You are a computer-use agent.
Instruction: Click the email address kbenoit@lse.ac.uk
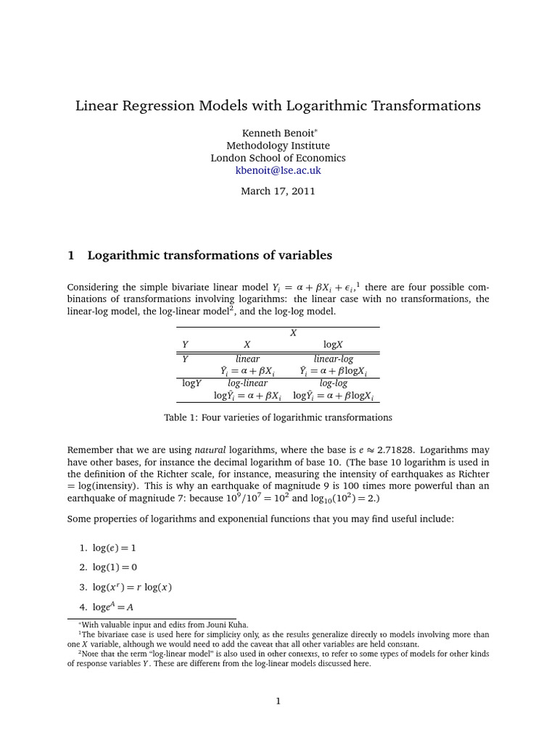pyautogui.click(x=278, y=170)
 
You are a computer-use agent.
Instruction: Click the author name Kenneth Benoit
pyautogui.click(x=276, y=133)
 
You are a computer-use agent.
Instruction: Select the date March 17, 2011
pyautogui.click(x=278, y=191)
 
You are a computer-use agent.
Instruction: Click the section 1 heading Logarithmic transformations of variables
pyautogui.click(x=210, y=256)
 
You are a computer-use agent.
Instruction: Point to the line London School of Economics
pyautogui.click(x=278, y=158)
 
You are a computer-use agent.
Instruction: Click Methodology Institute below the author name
pyautogui.click(x=278, y=146)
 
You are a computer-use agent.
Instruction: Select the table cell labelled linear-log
pyautogui.click(x=333, y=359)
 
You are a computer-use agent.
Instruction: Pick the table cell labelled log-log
pyautogui.click(x=333, y=383)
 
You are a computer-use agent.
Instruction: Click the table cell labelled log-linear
pyautogui.click(x=248, y=383)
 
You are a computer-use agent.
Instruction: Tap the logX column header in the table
pyautogui.click(x=333, y=345)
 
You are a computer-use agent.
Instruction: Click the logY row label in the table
pyautogui.click(x=191, y=383)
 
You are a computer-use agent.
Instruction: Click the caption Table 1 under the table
pyautogui.click(x=278, y=417)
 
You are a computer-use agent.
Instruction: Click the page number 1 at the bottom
pyautogui.click(x=278, y=701)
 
